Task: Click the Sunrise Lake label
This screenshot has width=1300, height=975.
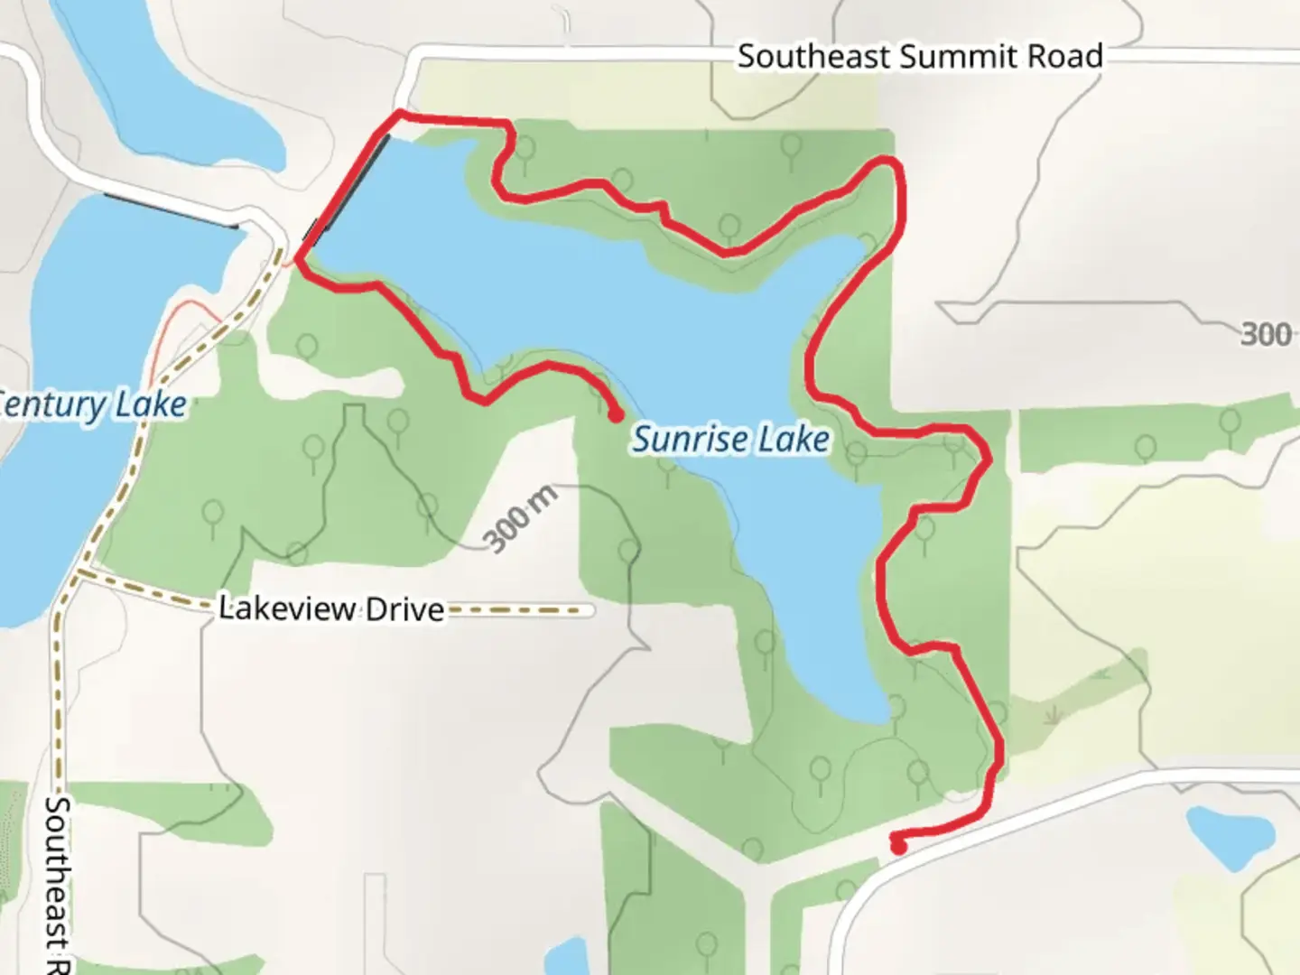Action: coord(729,440)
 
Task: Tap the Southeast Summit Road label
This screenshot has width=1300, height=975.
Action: coord(919,57)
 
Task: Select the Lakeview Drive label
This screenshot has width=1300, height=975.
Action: coord(331,608)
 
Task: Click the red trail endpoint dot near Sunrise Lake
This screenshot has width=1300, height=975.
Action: coord(616,416)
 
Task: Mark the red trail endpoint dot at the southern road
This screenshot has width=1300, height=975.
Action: coord(898,847)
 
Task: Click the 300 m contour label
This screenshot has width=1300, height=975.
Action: coord(520,518)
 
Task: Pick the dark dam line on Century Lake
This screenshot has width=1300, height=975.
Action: coord(171,210)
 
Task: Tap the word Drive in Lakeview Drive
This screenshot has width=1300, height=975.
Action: coord(404,609)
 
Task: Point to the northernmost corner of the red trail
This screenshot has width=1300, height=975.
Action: coord(399,113)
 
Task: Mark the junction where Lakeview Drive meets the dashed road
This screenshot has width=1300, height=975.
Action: coord(79,572)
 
